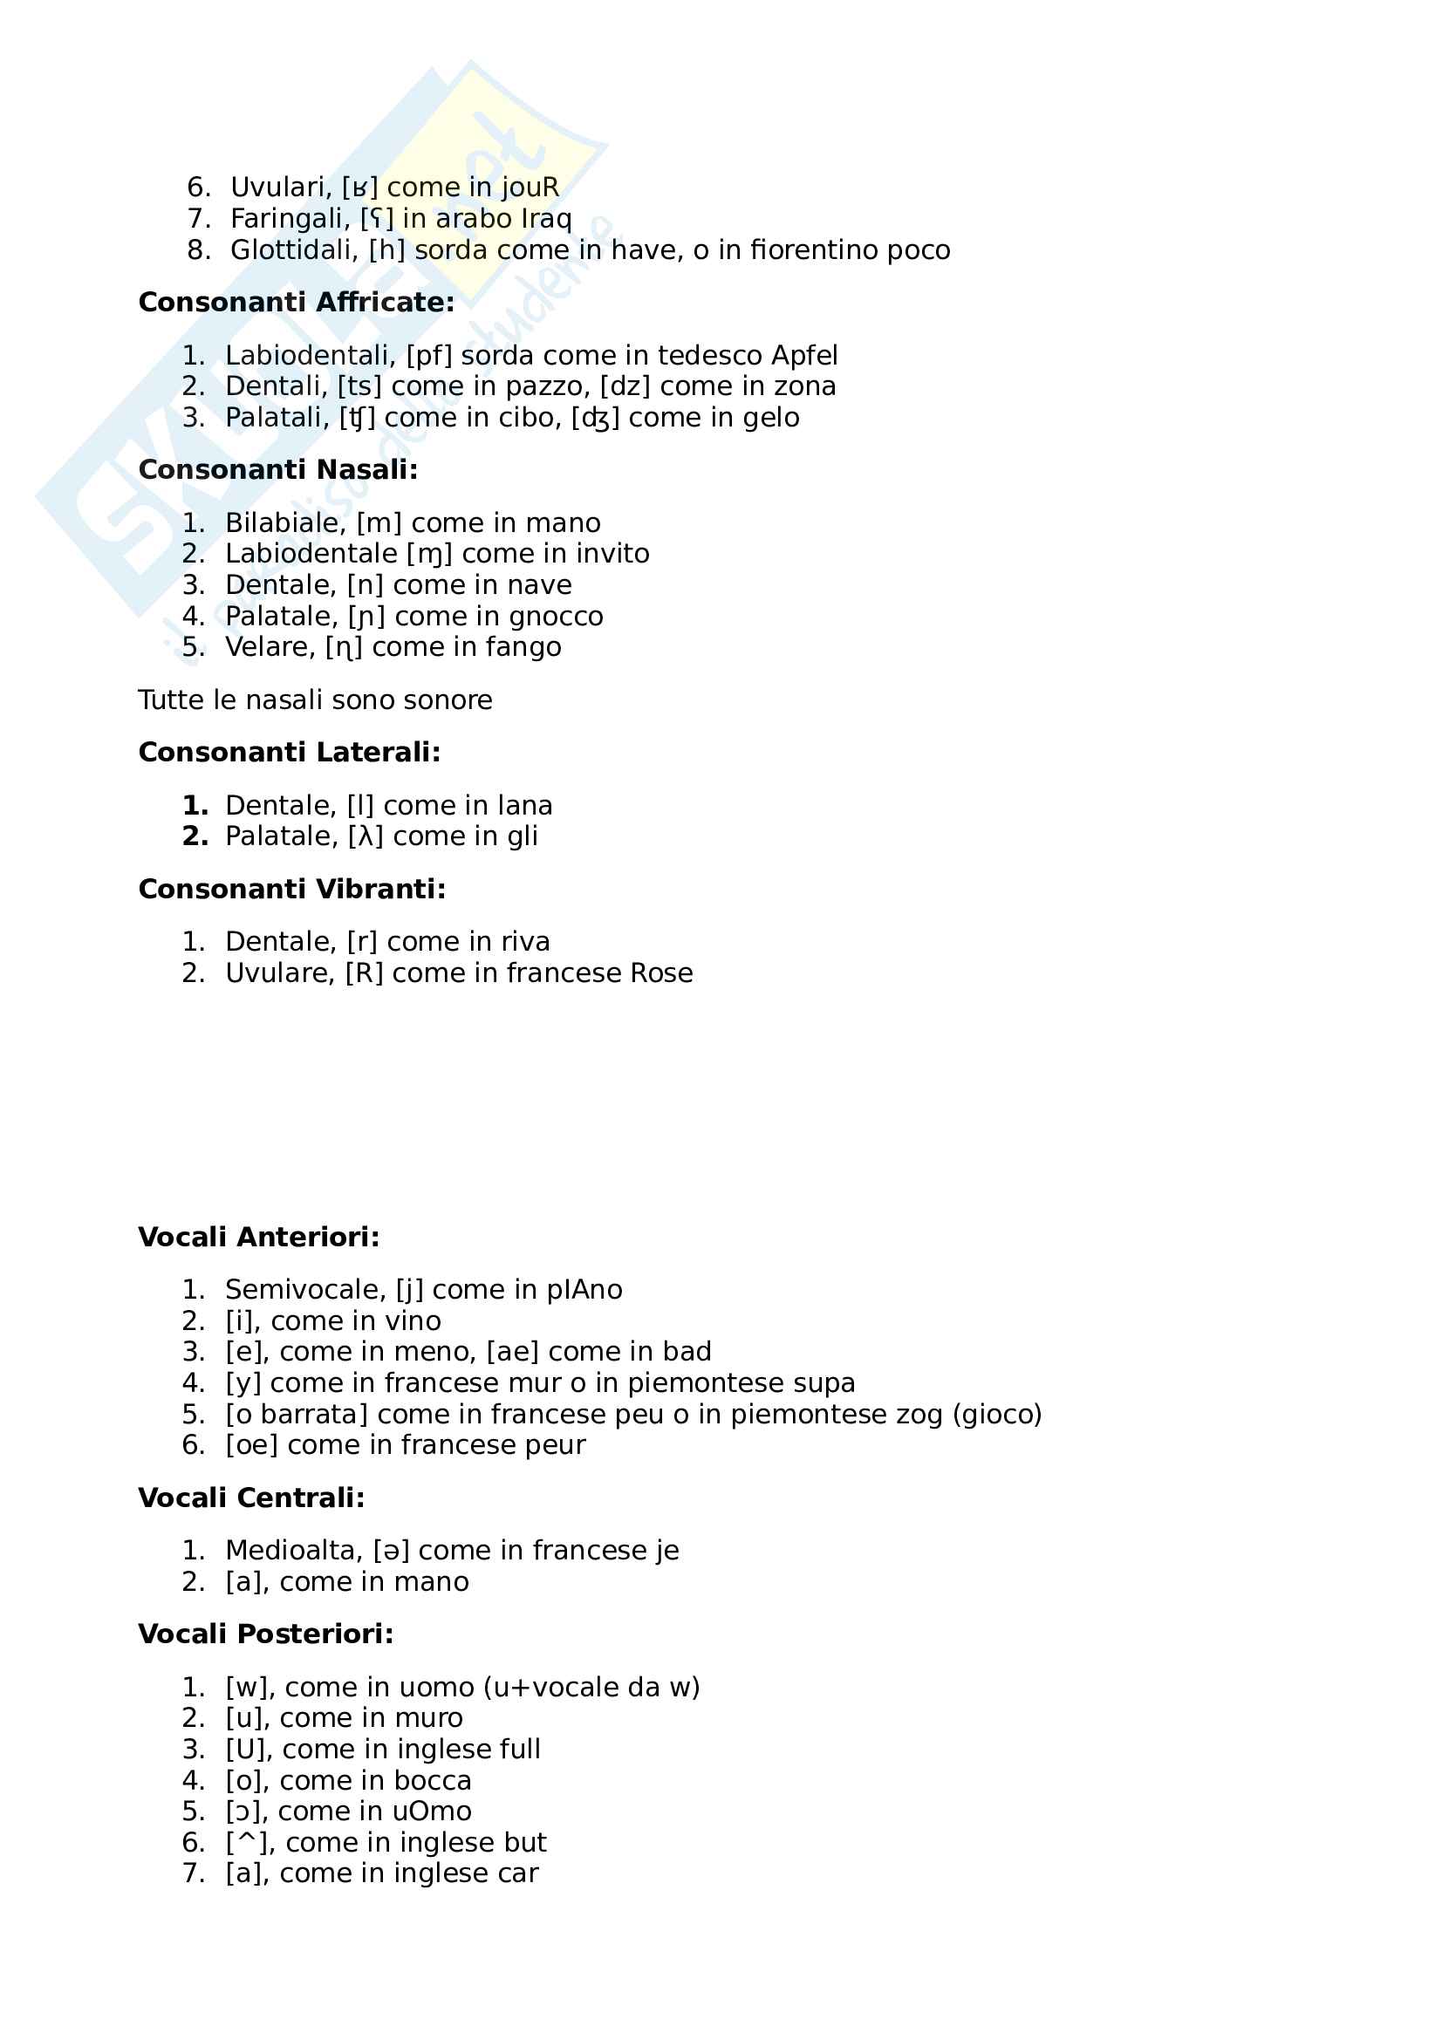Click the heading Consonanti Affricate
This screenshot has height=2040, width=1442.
pos(296,302)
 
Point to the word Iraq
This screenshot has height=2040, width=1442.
pos(546,219)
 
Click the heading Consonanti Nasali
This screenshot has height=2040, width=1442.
pos(278,470)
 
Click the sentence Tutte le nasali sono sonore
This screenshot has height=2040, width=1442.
pos(315,700)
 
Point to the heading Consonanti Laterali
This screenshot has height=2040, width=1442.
pos(290,753)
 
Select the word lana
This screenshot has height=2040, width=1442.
pos(525,806)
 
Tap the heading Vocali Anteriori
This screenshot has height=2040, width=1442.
pos(258,1237)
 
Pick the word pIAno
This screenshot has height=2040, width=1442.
pos(584,1289)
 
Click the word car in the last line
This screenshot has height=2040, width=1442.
pos(518,1872)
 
